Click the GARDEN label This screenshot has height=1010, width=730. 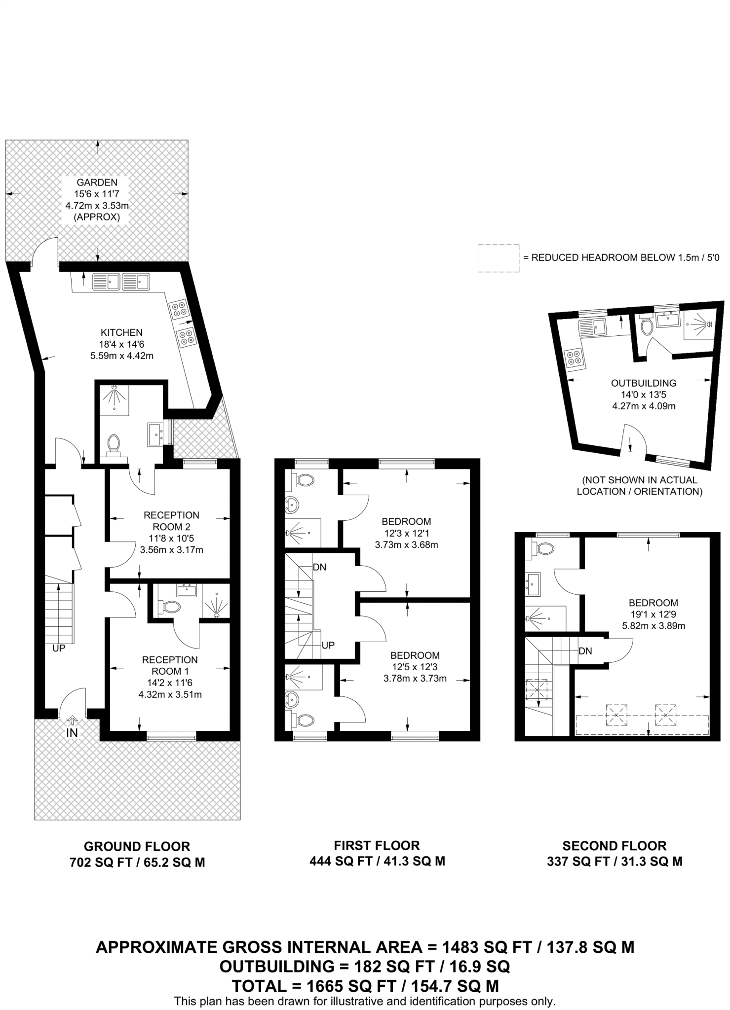click(97, 182)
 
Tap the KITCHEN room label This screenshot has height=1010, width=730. click(121, 332)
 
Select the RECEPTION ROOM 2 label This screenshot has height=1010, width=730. click(171, 521)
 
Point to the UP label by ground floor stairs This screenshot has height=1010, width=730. click(59, 649)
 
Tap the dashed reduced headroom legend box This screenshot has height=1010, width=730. click(498, 258)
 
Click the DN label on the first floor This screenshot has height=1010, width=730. click(319, 567)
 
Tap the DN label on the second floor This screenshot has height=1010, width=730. click(585, 651)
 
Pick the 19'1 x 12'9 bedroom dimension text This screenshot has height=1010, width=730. click(653, 614)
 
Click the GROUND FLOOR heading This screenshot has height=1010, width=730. click(137, 846)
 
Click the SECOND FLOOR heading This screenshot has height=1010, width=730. click(614, 846)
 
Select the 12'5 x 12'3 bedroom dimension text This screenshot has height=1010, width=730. click(415, 667)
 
